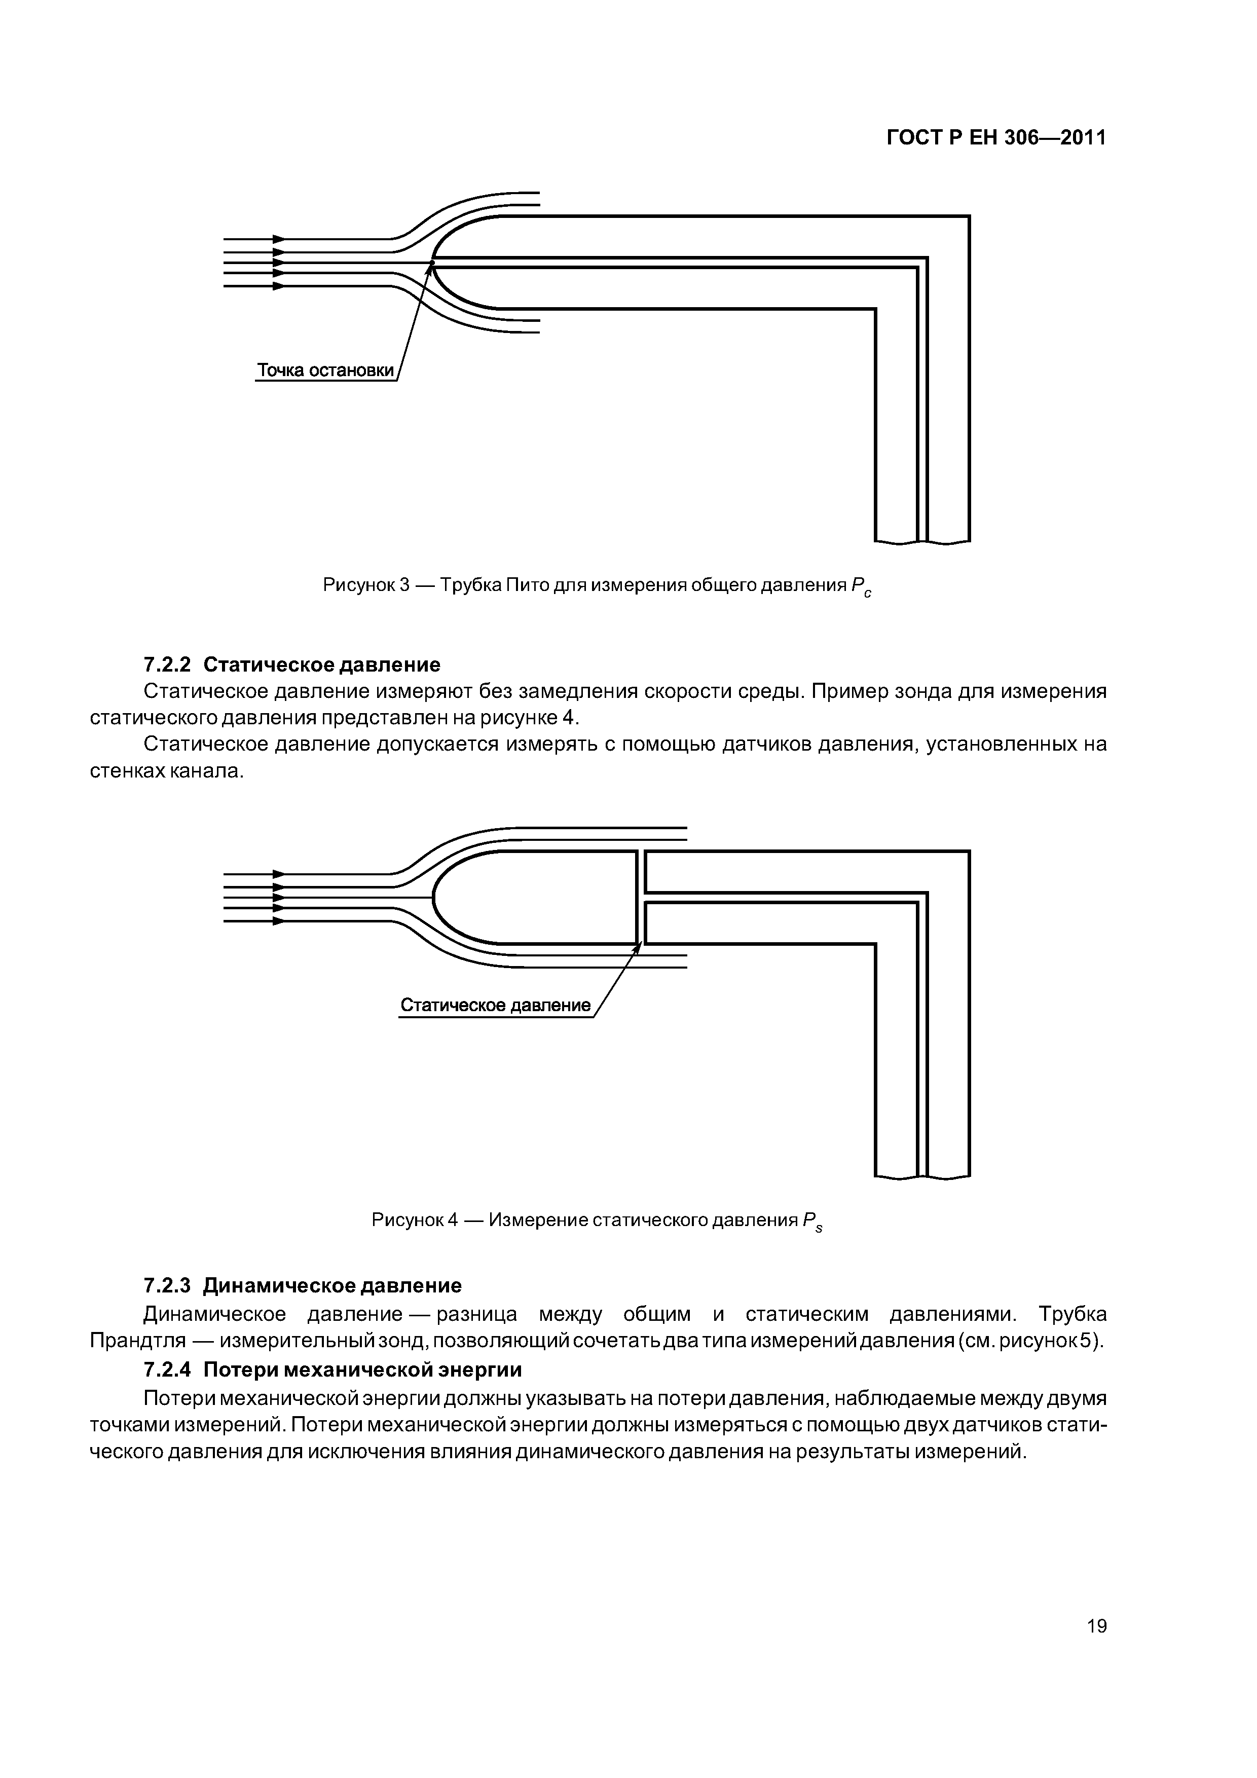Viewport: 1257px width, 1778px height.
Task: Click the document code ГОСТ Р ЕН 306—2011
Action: pyautogui.click(x=996, y=138)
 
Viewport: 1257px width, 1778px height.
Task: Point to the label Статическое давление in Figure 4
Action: pyautogui.click(x=495, y=1005)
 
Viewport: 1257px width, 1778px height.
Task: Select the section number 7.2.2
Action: pyautogui.click(x=167, y=664)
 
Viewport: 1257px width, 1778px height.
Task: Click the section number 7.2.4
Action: pyautogui.click(x=167, y=1370)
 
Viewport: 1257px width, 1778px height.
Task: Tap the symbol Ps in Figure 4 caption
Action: pyautogui.click(x=812, y=1222)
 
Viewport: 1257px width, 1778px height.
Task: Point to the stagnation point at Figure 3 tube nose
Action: pyautogui.click(x=433, y=263)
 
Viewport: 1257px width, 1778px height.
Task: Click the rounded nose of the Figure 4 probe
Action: pyautogui.click(x=435, y=898)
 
